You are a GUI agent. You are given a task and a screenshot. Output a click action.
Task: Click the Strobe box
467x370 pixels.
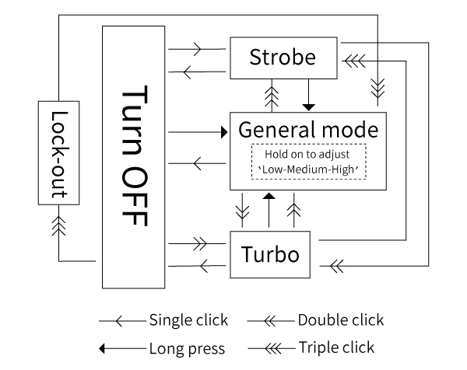click(283, 58)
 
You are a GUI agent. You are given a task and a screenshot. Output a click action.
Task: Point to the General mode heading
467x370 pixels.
click(309, 129)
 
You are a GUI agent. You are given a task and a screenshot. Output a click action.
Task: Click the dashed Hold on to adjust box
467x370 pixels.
click(309, 162)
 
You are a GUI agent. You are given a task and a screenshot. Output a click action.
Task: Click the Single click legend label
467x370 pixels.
click(189, 319)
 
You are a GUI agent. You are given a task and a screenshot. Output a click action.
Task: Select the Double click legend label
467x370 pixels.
click(340, 319)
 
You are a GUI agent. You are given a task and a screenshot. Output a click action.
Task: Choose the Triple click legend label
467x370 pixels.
click(335, 347)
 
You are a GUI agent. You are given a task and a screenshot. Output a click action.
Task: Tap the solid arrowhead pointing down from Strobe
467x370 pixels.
click(308, 105)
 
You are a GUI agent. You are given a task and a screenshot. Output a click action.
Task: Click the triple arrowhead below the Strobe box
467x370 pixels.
click(271, 96)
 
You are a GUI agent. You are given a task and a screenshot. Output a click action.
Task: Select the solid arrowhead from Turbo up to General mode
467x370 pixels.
click(269, 200)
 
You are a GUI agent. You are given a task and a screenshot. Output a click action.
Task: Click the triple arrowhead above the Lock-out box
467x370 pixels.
click(58, 225)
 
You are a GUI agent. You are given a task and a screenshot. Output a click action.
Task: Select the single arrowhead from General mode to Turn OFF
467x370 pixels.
click(198, 163)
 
